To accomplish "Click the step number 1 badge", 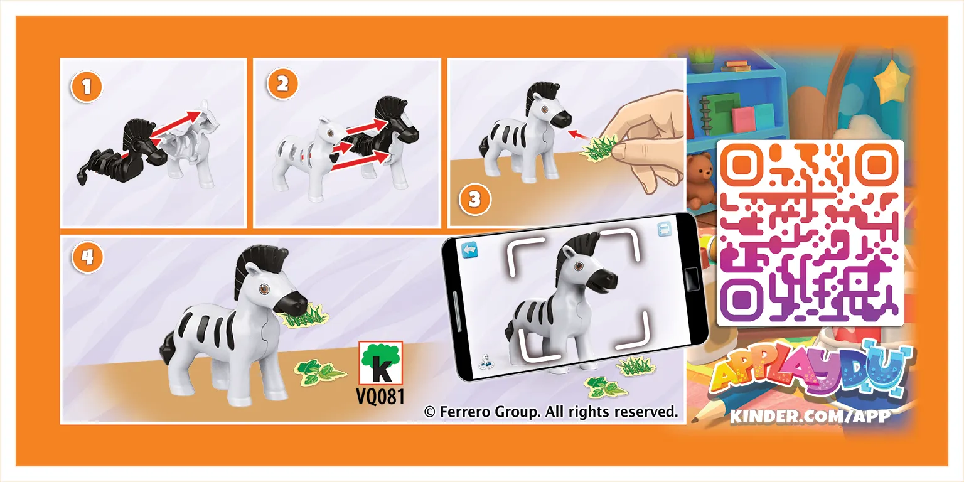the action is pyautogui.click(x=87, y=87).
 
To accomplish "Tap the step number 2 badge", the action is pyautogui.click(x=282, y=84).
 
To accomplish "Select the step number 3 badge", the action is pyautogui.click(x=474, y=199).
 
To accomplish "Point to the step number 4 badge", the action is pyautogui.click(x=88, y=257).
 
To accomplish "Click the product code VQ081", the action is pyautogui.click(x=380, y=396).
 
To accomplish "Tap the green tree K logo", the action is pyautogui.click(x=380, y=363).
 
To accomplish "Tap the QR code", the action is pyautogui.click(x=810, y=233).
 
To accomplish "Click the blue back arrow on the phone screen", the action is pyautogui.click(x=470, y=250).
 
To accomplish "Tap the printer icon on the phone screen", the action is pyautogui.click(x=665, y=228).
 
